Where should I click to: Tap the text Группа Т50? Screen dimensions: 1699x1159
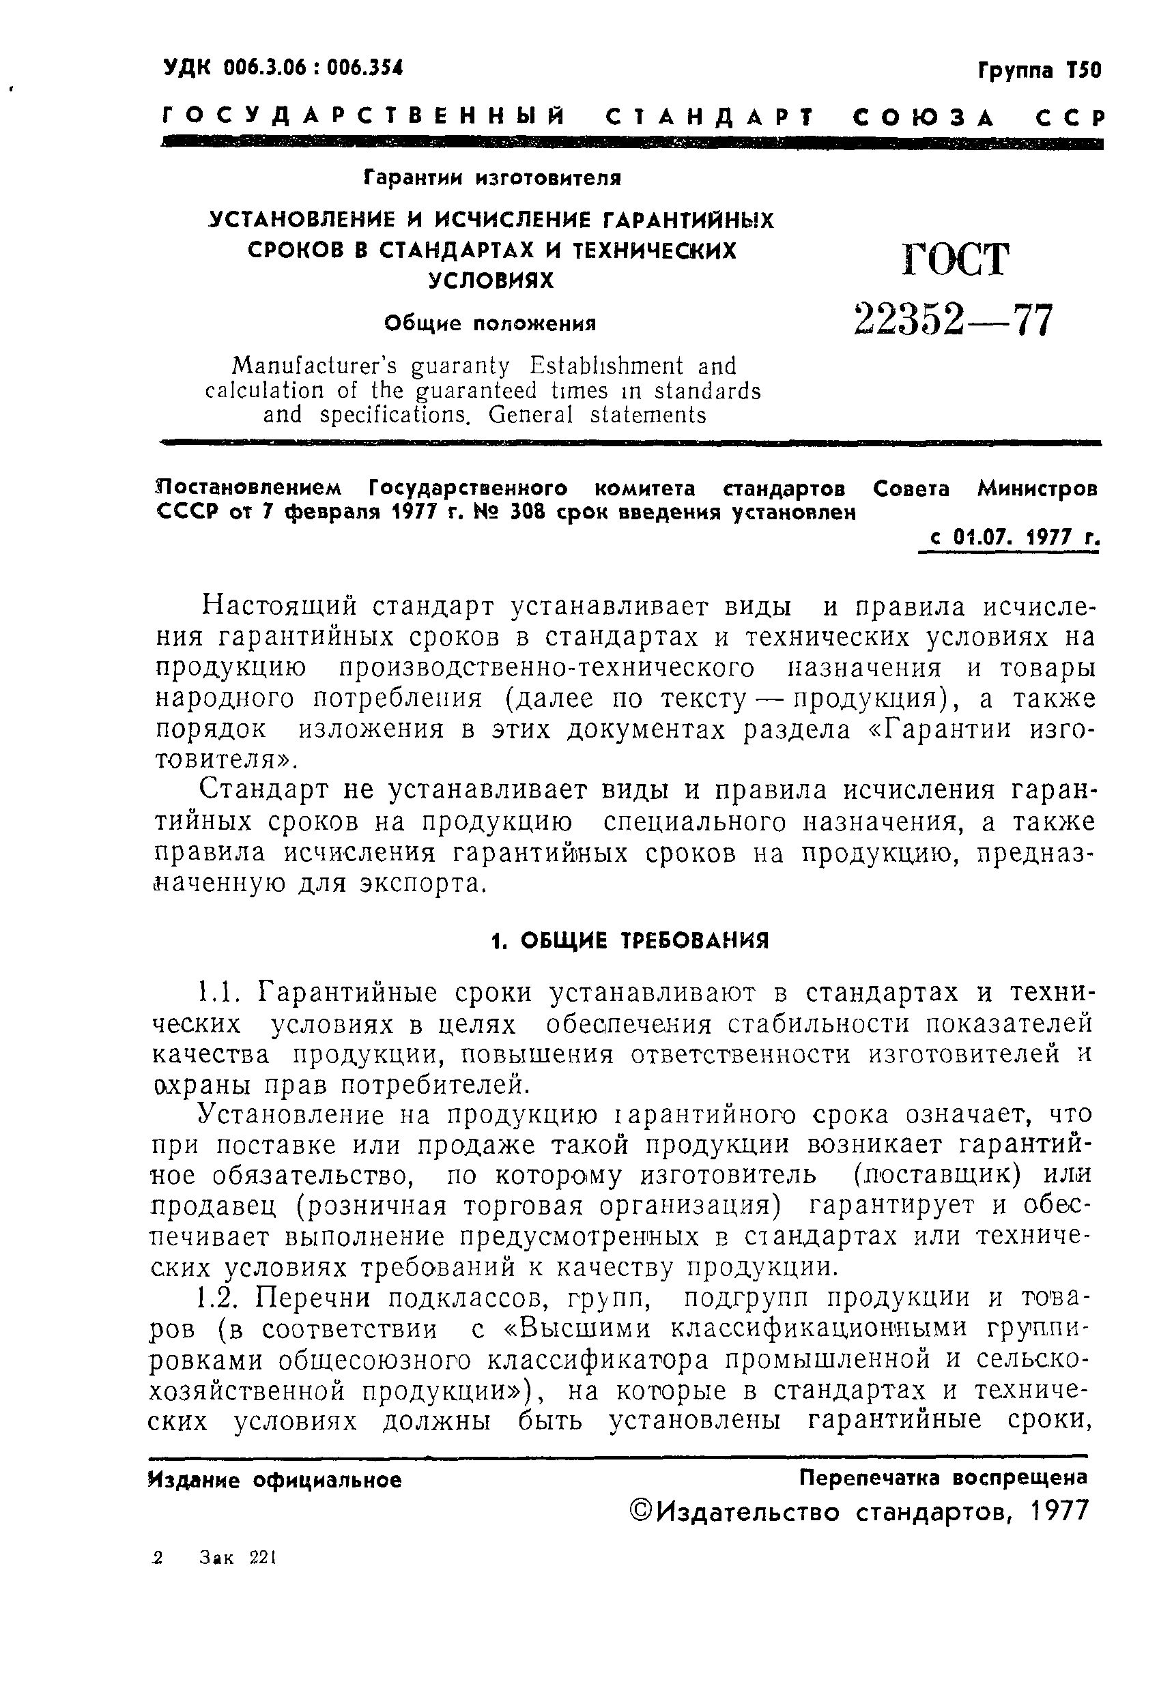click(1038, 70)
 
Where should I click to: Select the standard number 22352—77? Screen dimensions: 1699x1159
click(954, 319)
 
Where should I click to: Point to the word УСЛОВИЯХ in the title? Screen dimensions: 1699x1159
click(491, 280)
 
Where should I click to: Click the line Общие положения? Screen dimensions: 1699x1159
click(490, 323)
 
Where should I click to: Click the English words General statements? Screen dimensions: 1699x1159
click(597, 416)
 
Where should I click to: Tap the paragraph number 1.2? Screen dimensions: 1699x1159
click(218, 1298)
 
